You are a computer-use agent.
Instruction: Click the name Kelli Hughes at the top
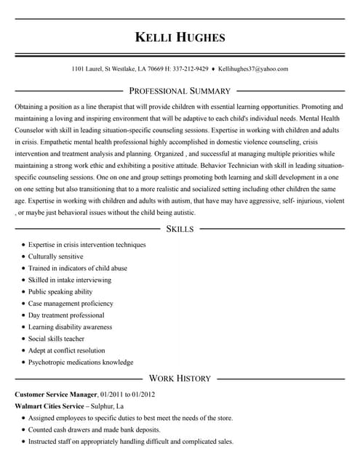click(x=180, y=37)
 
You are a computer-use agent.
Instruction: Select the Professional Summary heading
click(x=180, y=91)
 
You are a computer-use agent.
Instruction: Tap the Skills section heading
click(x=180, y=229)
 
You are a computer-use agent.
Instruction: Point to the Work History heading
click(x=180, y=378)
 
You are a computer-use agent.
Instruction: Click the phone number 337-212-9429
click(x=190, y=69)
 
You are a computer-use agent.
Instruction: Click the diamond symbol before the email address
click(x=213, y=69)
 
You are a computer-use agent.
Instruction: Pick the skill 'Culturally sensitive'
click(x=55, y=256)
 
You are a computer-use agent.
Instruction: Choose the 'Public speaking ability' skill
click(x=60, y=291)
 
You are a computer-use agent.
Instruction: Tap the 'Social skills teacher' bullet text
click(x=56, y=339)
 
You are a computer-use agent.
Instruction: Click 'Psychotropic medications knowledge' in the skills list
click(x=81, y=362)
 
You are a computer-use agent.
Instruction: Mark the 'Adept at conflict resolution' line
click(x=66, y=350)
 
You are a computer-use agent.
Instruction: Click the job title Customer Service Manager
click(x=56, y=394)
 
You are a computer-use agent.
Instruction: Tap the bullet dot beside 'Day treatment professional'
click(x=23, y=315)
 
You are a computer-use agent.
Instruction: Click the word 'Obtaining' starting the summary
click(x=28, y=107)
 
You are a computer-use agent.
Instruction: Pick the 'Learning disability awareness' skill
click(x=70, y=327)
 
